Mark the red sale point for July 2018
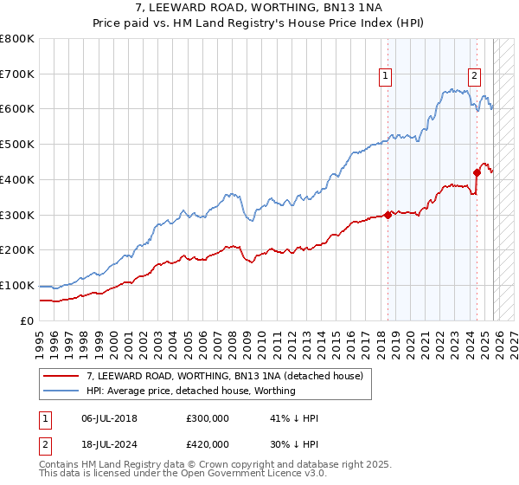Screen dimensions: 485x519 [x=388, y=216]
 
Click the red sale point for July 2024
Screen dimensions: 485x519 [x=477, y=172]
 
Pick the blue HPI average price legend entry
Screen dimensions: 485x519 [x=190, y=391]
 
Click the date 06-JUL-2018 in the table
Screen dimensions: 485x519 [x=109, y=418]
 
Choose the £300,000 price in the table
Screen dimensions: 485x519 [x=208, y=418]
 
